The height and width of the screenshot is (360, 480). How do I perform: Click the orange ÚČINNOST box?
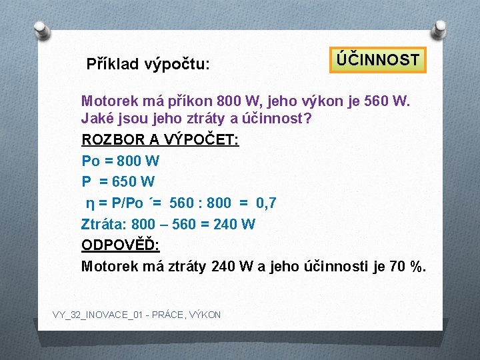point(377,60)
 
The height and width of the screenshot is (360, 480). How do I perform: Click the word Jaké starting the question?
point(98,119)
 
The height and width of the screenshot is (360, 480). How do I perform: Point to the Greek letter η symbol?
point(89,203)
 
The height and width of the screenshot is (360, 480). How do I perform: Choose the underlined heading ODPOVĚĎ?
point(120,245)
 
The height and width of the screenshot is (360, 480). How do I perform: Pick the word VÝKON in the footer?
point(205,315)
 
